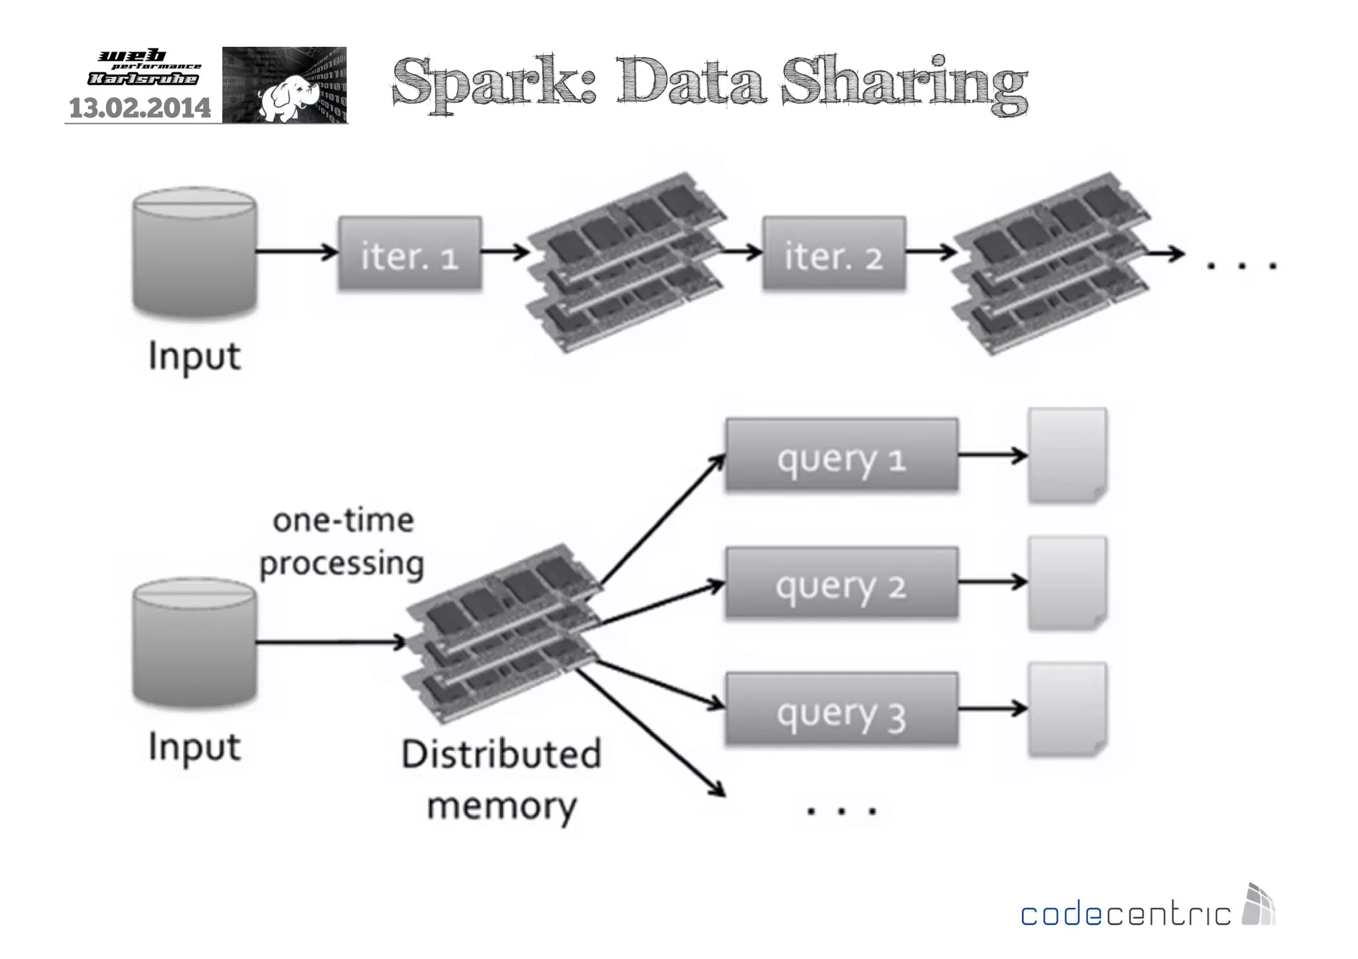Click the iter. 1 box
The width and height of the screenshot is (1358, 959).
click(x=410, y=254)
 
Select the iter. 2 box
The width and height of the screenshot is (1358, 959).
click(x=833, y=254)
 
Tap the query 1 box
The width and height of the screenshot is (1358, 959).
click(x=841, y=456)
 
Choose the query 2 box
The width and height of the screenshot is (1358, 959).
click(x=841, y=584)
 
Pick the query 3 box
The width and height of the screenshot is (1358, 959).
click(x=841, y=710)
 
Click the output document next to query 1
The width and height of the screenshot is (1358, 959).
click(x=1067, y=456)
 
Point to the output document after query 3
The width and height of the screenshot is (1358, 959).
click(x=1067, y=710)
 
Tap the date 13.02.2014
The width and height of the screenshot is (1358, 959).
click(x=139, y=108)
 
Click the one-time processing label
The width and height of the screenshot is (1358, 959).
click(x=342, y=541)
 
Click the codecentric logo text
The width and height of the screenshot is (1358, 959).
click(x=1125, y=914)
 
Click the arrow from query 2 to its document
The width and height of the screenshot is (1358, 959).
click(x=992, y=583)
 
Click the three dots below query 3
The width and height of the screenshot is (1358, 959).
click(x=841, y=810)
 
